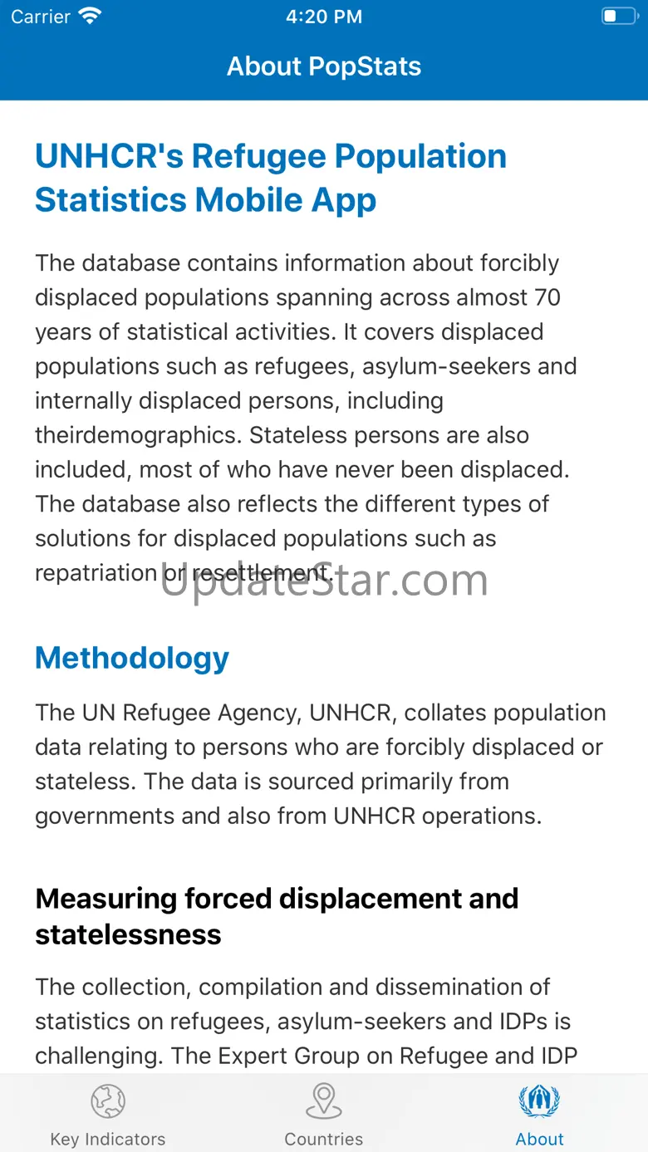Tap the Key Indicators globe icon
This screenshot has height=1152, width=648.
[108, 1101]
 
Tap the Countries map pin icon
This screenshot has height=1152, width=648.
[324, 1101]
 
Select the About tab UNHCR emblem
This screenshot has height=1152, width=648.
[539, 1101]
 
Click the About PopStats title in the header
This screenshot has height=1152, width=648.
[324, 66]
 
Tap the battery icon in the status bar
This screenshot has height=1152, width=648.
[619, 17]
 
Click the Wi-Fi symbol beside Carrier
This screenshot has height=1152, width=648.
[89, 16]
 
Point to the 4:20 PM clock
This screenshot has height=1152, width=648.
[324, 17]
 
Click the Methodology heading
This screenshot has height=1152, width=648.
[132, 658]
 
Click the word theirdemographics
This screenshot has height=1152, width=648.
[139, 435]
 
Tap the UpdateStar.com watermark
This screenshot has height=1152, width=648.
[324, 580]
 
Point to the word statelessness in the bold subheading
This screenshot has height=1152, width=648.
[128, 935]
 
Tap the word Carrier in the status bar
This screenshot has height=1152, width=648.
[41, 17]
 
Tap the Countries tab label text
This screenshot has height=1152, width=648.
[324, 1139]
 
